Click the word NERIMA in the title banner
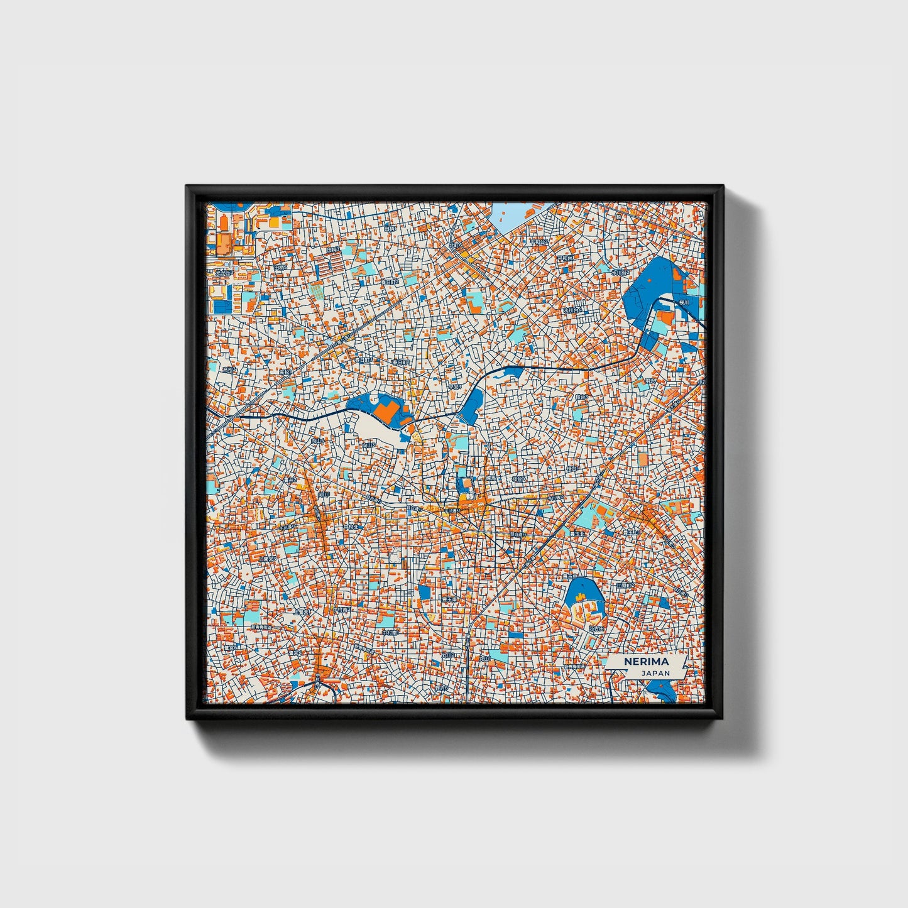(647, 662)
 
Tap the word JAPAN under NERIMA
(655, 673)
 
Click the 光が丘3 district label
(224, 273)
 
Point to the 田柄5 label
(280, 268)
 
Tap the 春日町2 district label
(390, 282)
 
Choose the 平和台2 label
(539, 241)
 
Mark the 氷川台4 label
(572, 310)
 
